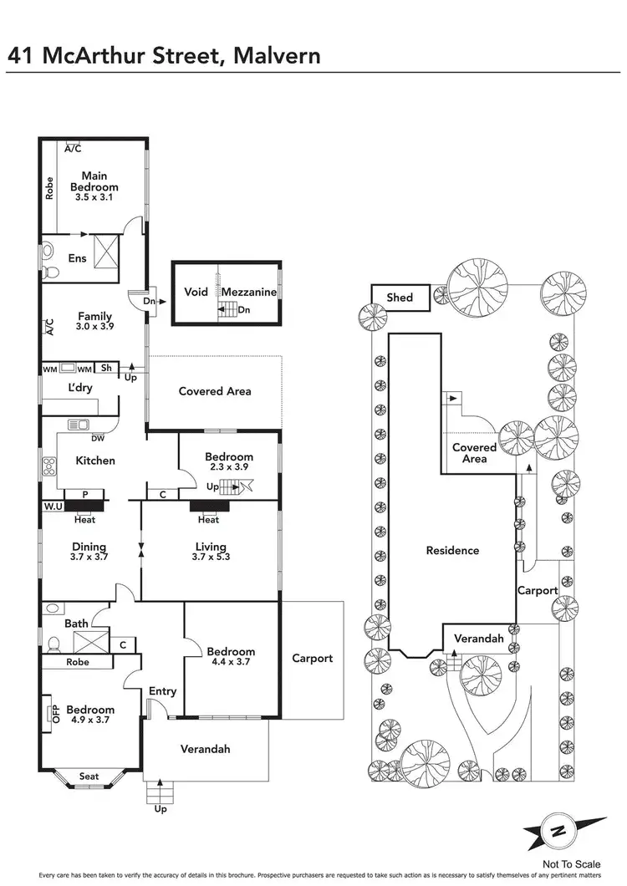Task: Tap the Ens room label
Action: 77,258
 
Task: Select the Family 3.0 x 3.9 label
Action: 95,322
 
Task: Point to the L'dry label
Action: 79,388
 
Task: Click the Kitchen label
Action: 95,461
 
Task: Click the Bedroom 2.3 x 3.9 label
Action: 229,462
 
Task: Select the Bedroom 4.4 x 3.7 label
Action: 232,657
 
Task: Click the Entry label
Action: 163,691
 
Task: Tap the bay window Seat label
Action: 89,777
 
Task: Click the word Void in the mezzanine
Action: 196,293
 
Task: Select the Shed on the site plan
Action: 399,298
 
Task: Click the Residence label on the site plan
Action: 452,550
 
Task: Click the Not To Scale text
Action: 572,864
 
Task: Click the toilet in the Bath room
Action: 53,644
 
